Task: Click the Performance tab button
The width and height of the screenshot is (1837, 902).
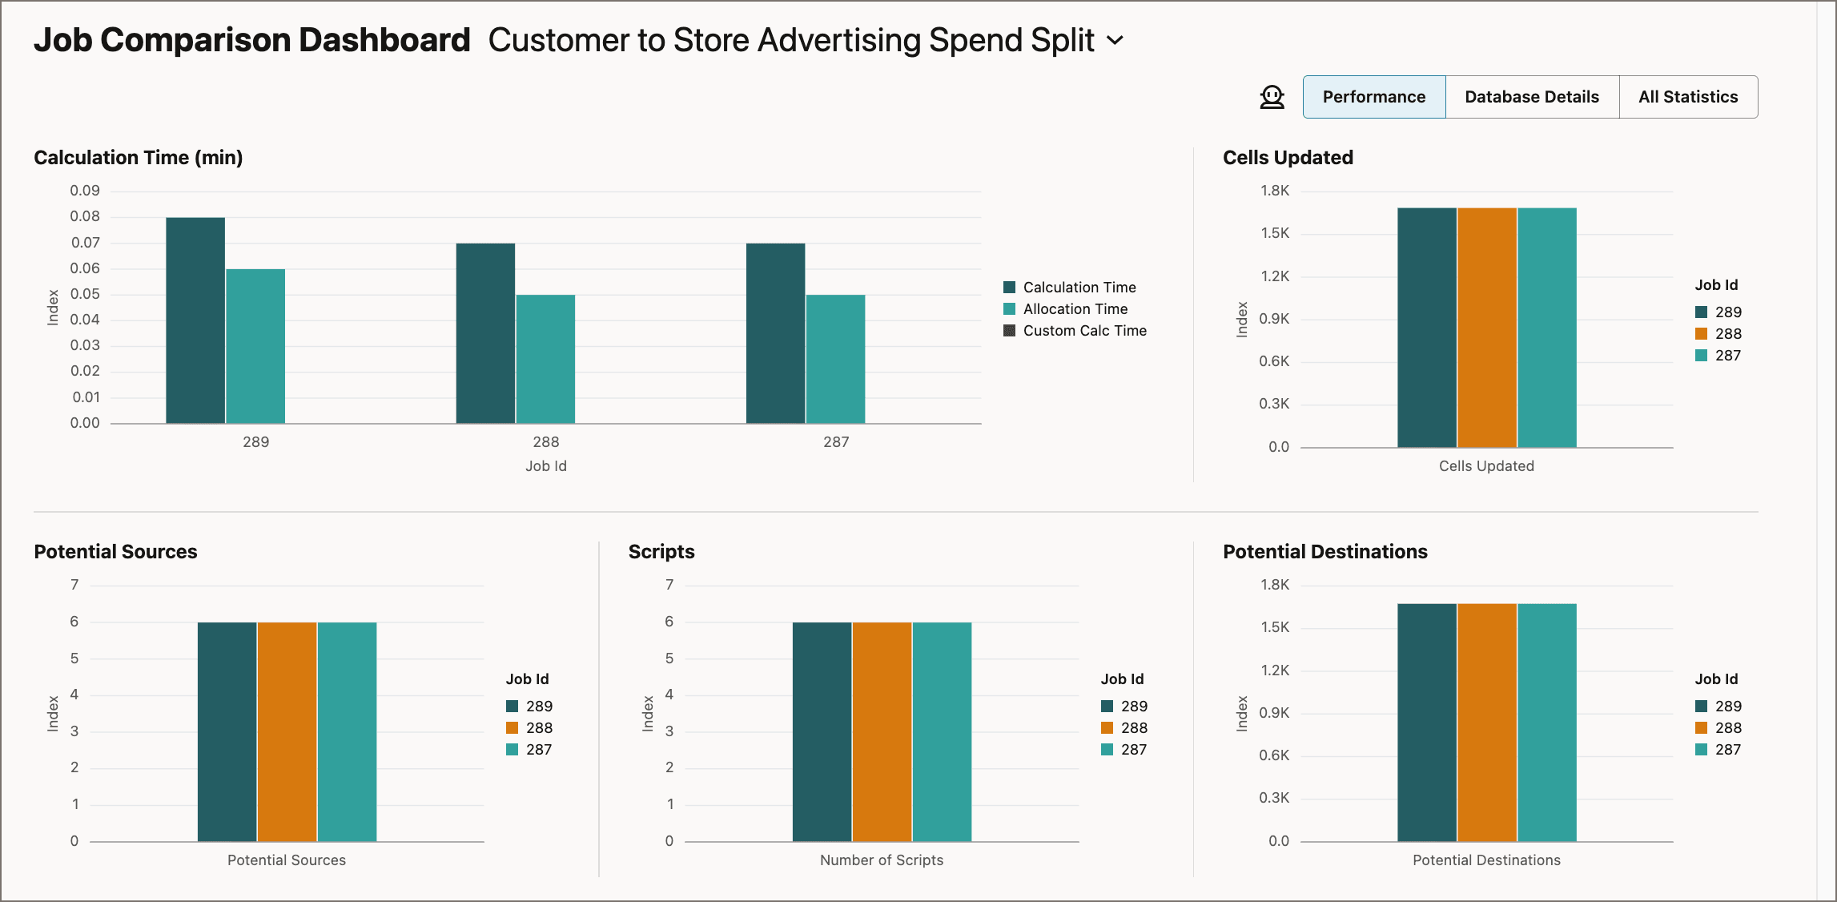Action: click(1373, 97)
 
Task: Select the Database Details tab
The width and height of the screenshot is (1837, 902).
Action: click(1531, 97)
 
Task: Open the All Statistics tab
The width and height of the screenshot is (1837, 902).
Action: click(1687, 97)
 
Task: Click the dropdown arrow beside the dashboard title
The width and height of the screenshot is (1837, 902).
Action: click(1115, 40)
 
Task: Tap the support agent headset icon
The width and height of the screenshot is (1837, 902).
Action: click(1272, 97)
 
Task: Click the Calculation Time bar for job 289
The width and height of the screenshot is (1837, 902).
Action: click(195, 320)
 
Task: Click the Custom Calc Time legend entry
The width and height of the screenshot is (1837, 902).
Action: click(1083, 331)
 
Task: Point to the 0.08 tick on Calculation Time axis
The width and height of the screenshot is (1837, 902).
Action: click(85, 216)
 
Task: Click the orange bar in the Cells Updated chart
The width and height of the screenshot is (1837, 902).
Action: click(1486, 328)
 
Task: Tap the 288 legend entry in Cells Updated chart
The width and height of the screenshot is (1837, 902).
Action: click(1727, 334)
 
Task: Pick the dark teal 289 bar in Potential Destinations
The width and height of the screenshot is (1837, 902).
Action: click(1426, 722)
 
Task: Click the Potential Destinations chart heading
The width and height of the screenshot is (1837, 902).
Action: click(1324, 552)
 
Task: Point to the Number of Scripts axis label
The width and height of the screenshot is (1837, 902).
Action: click(881, 860)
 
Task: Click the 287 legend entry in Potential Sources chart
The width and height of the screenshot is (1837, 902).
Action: click(538, 750)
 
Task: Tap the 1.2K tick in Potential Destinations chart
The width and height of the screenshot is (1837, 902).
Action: click(1275, 670)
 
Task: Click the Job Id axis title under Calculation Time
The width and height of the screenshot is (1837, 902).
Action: click(545, 466)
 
